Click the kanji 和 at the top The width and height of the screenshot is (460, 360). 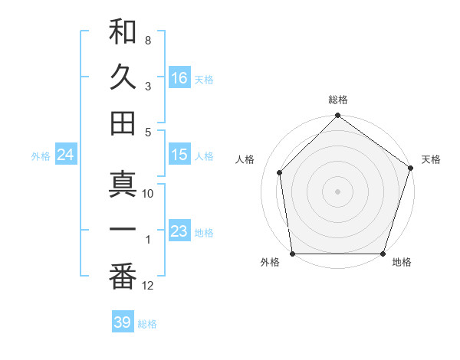coord(123,32)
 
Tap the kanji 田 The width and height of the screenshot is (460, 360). coord(123,123)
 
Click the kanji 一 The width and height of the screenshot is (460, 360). coord(123,231)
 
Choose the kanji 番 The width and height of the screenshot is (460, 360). coord(123,277)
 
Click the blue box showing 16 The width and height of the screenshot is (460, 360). coord(179,77)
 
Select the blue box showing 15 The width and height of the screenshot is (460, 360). coord(179,155)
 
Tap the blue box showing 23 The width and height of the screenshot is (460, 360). coord(179,231)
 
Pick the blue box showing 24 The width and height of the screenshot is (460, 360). coord(65,155)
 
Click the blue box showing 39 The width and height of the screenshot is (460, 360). coord(122,322)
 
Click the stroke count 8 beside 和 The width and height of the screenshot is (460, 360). coord(147,40)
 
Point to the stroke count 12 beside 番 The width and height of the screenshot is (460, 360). coord(148,286)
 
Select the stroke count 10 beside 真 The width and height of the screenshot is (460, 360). coord(148,194)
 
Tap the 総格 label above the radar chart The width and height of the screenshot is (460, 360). coord(337,100)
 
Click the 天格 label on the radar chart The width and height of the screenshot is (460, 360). coord(431,159)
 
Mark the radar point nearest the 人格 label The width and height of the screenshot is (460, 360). coord(280,172)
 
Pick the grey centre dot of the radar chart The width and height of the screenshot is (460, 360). coord(337,191)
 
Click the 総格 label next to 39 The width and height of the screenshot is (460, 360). coord(147,324)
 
